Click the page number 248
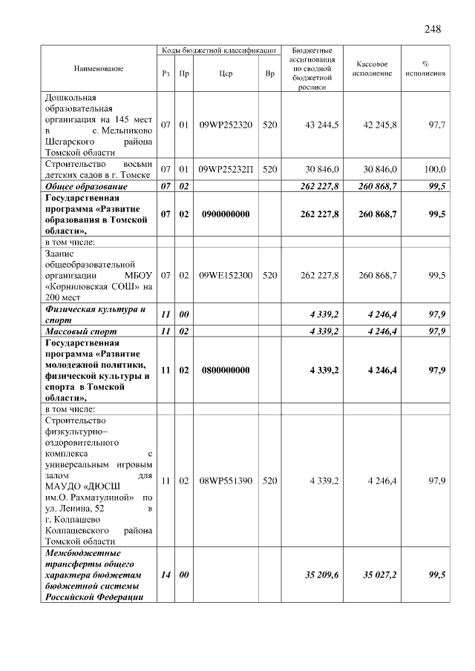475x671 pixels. click(x=433, y=29)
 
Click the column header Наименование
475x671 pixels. click(x=99, y=68)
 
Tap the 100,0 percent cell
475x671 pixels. click(x=432, y=170)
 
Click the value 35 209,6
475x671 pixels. click(x=321, y=575)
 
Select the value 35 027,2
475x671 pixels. click(x=379, y=575)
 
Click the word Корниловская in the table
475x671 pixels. click(x=79, y=286)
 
